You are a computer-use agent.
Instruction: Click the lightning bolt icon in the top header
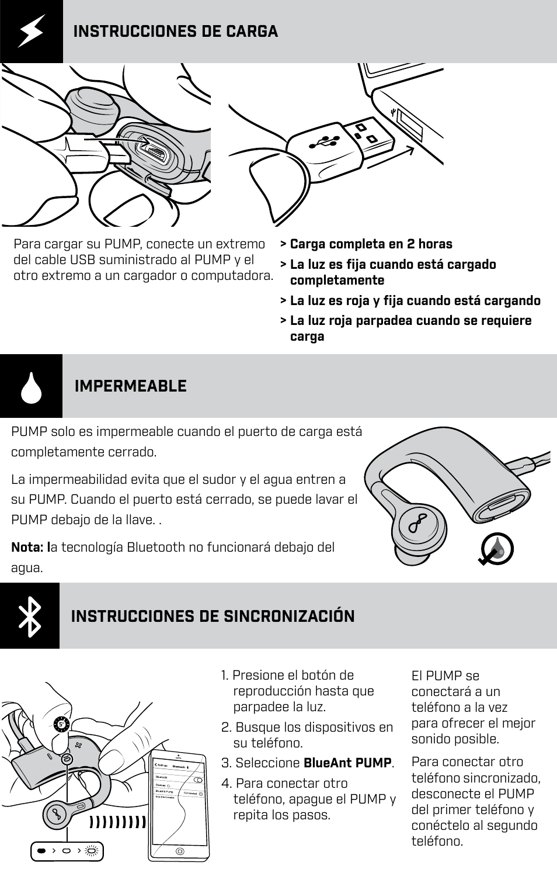click(31, 31)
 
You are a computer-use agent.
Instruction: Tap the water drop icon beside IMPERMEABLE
click(31, 386)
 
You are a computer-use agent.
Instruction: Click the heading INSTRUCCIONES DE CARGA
click(175, 32)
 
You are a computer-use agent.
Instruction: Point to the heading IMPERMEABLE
click(130, 386)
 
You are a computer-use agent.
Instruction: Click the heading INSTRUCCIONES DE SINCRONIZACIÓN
click(213, 617)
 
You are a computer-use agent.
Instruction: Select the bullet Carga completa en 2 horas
click(371, 244)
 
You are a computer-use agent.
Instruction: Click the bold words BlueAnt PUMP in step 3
click(347, 763)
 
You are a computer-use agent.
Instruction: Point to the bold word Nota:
click(27, 548)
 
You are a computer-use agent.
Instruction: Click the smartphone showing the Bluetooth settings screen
click(179, 805)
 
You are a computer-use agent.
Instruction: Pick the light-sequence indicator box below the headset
click(67, 852)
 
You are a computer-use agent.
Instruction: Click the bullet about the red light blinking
click(410, 328)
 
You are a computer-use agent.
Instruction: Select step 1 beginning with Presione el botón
click(298, 691)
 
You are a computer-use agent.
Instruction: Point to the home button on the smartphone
click(180, 851)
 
